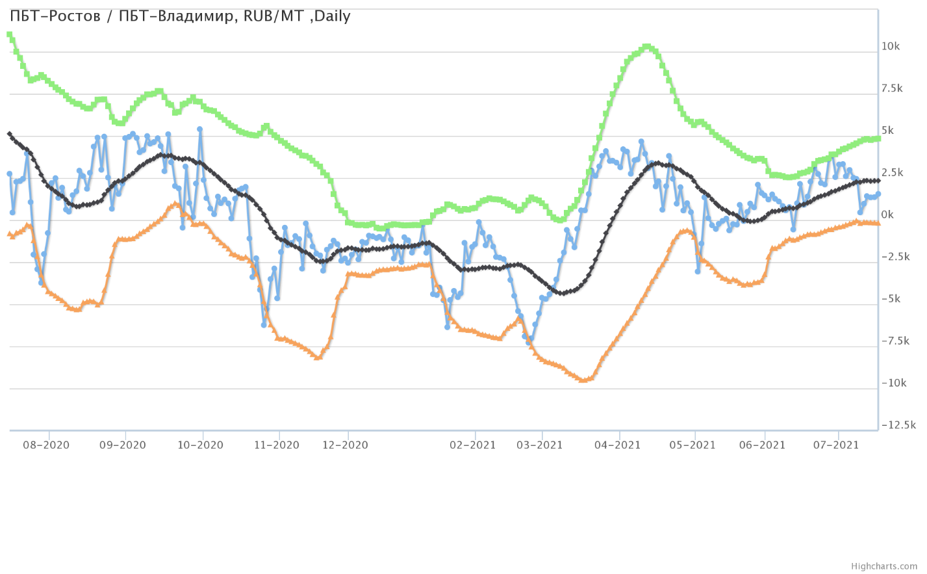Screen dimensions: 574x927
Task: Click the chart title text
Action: tap(180, 16)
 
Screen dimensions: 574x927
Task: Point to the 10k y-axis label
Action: tap(890, 47)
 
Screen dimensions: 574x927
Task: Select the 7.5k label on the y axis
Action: tap(892, 89)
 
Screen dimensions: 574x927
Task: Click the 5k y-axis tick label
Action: tap(887, 131)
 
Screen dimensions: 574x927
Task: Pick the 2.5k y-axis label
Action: tap(892, 173)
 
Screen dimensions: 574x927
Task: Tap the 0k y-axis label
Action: tap(887, 215)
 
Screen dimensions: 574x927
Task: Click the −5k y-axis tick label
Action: tap(891, 299)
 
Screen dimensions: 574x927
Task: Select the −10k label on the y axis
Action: tap(893, 383)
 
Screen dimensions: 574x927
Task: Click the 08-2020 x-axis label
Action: tap(46, 445)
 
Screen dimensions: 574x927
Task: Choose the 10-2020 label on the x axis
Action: tap(201, 445)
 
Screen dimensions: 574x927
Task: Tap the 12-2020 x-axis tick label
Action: tap(346, 445)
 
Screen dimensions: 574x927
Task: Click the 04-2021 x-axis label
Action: tap(618, 445)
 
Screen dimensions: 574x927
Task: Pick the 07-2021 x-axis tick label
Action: tap(837, 445)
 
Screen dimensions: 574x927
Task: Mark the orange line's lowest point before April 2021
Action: tap(583, 380)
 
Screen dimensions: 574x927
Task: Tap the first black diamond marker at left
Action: tap(9, 134)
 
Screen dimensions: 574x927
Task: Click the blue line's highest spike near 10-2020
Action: tap(199, 129)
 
